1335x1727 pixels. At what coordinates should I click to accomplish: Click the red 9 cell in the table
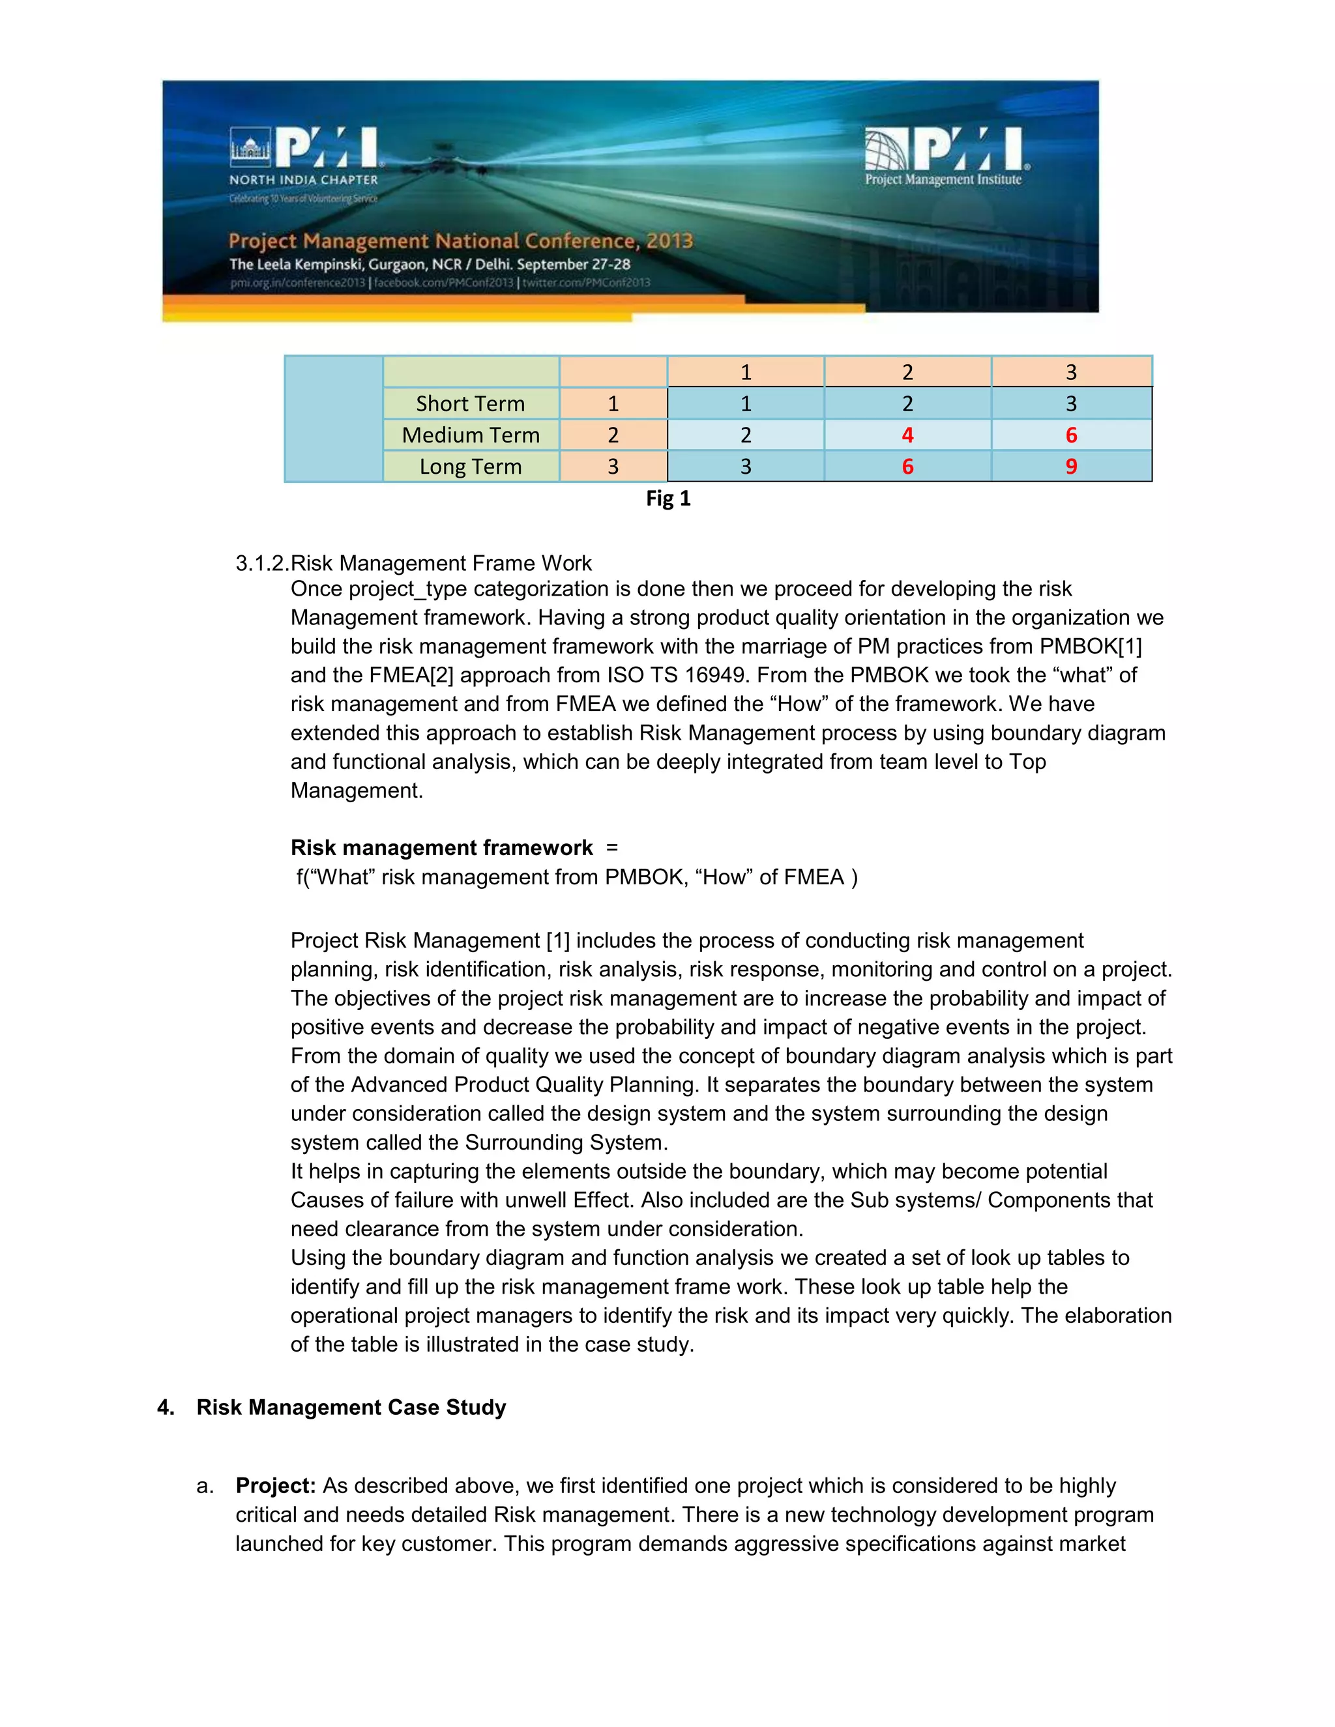click(1071, 467)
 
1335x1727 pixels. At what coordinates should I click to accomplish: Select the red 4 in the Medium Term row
click(907, 435)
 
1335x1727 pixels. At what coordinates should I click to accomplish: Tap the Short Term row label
click(471, 404)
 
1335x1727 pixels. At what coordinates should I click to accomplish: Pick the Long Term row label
click(471, 467)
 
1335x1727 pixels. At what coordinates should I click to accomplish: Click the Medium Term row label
click(471, 435)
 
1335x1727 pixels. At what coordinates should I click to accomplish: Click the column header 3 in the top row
click(1071, 372)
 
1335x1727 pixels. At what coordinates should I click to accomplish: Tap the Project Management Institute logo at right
click(946, 156)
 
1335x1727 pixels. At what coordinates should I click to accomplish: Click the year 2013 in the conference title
click(669, 240)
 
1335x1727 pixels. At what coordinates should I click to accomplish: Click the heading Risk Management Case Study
click(351, 1408)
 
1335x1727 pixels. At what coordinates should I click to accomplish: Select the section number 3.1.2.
click(262, 564)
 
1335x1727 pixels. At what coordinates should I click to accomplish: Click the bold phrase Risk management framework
click(441, 849)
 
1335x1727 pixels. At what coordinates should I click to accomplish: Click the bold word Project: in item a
click(275, 1486)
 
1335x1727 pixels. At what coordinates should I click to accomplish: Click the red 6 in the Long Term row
click(907, 467)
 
